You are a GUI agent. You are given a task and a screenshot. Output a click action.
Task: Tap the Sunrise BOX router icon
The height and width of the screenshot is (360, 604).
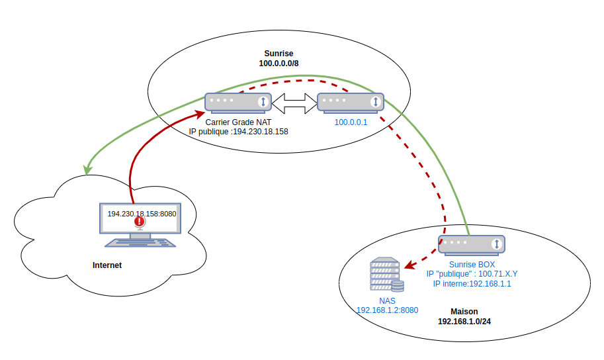click(x=472, y=244)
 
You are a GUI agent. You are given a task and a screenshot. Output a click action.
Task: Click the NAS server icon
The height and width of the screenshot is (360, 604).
click(x=386, y=275)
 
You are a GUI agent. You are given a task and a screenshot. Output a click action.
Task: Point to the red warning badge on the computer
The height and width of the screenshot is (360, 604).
click(x=139, y=222)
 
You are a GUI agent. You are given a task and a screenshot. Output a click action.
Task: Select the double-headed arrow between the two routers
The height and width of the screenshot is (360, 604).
click(x=294, y=102)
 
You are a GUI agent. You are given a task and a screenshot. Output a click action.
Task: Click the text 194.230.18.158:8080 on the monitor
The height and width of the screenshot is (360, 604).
click(x=142, y=214)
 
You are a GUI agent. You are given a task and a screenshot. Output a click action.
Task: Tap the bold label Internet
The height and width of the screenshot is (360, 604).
click(x=107, y=265)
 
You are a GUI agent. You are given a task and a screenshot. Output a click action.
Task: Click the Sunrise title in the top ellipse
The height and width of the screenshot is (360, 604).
click(x=279, y=54)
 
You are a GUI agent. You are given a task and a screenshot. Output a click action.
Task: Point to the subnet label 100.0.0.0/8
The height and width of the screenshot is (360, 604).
click(x=279, y=64)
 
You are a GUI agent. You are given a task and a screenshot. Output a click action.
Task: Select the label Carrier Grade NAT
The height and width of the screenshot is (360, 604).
click(x=238, y=122)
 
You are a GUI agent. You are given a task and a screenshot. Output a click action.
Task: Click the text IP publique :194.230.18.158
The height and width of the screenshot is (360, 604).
click(x=238, y=132)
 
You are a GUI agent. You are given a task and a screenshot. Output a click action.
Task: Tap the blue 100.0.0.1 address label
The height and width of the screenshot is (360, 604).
click(x=351, y=122)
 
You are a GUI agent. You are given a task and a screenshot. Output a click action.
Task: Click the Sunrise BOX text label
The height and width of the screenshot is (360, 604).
click(x=472, y=264)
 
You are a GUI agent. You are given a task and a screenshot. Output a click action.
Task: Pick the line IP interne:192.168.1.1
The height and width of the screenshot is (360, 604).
click(x=472, y=283)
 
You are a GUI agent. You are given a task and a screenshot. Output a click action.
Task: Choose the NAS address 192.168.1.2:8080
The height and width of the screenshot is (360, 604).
click(x=387, y=310)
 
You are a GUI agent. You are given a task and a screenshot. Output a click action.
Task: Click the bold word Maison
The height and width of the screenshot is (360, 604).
click(x=464, y=311)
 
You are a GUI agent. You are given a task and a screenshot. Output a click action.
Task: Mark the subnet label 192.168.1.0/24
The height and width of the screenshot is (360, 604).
click(x=464, y=321)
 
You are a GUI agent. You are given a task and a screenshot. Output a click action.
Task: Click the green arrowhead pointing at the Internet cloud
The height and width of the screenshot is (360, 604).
click(x=86, y=171)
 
